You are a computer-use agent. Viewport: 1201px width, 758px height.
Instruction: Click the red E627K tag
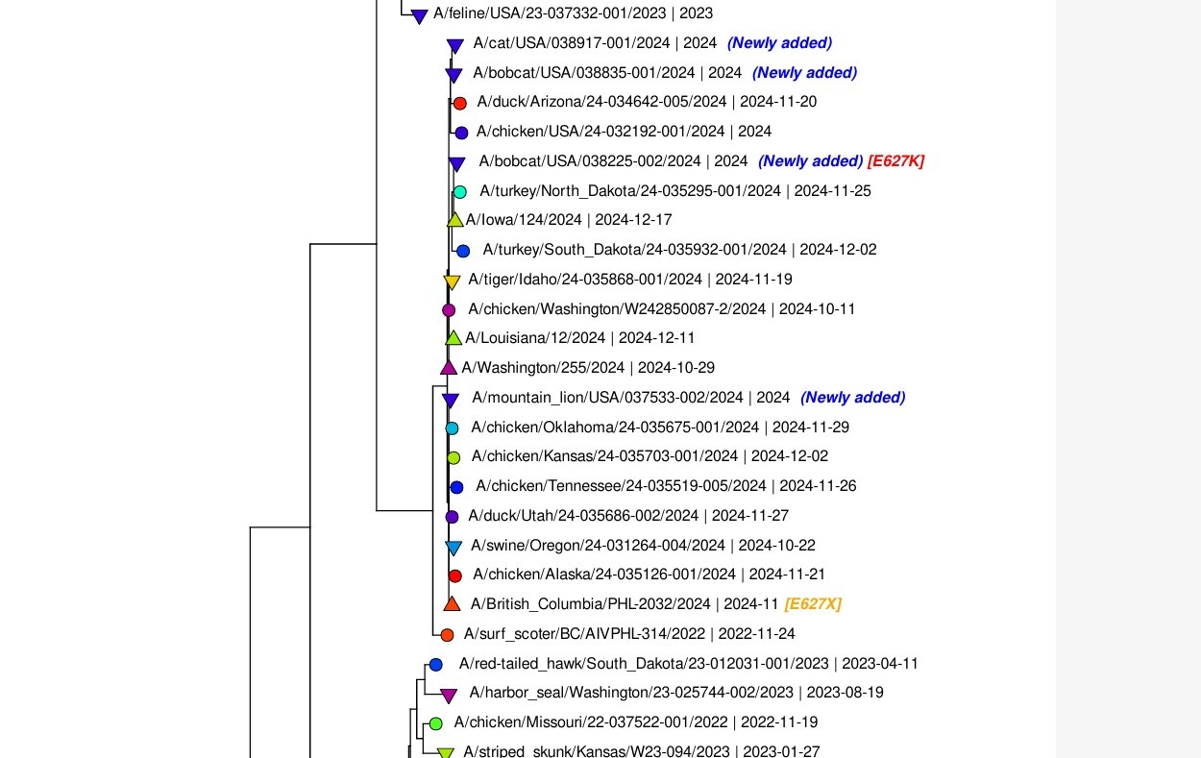click(x=895, y=160)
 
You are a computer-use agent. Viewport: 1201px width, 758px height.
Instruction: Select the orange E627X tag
click(x=813, y=604)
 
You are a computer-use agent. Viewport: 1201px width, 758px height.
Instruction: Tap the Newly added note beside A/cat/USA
click(x=779, y=42)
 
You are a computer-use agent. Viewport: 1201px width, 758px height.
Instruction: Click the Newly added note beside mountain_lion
click(x=852, y=397)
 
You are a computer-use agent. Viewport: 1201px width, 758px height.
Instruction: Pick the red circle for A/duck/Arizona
click(x=459, y=103)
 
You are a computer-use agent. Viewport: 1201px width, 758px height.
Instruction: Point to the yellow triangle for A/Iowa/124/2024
click(x=455, y=220)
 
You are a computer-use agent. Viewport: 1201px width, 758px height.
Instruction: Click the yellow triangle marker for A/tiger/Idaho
click(x=452, y=281)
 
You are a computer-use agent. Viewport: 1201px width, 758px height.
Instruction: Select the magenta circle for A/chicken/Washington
click(x=449, y=309)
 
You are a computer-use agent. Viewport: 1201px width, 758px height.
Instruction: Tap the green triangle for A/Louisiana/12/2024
click(x=453, y=338)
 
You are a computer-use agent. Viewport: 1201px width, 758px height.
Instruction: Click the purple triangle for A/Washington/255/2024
click(x=449, y=368)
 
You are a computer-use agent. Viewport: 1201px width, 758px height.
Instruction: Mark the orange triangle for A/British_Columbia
click(x=452, y=604)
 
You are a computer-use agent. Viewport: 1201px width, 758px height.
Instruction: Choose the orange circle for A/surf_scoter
click(x=447, y=634)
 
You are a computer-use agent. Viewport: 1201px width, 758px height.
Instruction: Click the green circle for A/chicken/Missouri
click(x=435, y=723)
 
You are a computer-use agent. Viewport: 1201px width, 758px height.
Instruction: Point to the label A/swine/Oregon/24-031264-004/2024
click(x=598, y=546)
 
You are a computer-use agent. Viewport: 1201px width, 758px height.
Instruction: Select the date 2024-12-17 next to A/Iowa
click(x=633, y=220)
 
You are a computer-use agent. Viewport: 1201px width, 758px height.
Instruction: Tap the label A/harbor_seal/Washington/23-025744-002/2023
click(x=631, y=693)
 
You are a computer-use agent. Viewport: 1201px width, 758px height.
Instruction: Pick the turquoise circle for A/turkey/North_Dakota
click(x=460, y=192)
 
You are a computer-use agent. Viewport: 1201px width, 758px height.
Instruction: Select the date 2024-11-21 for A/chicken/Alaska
click(x=787, y=575)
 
